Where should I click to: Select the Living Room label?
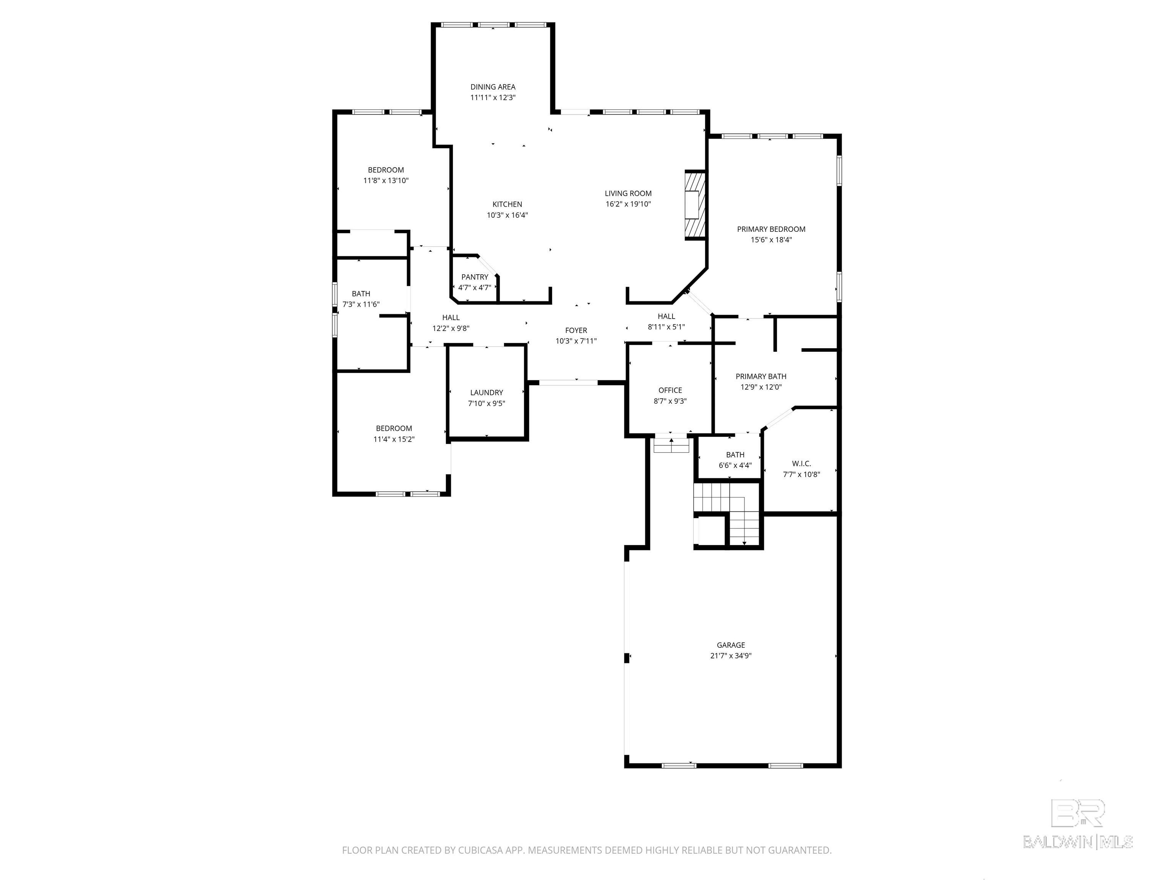[x=628, y=194]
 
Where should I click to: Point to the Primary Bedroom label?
[x=771, y=229]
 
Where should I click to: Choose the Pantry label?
[x=475, y=277]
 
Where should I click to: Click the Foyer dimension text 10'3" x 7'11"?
[x=576, y=341]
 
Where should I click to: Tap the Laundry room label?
[x=486, y=393]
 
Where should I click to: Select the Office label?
[x=670, y=390]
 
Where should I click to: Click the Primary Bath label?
[x=761, y=377]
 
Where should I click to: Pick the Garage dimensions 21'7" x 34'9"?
[x=731, y=656]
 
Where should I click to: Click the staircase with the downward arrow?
[x=743, y=522]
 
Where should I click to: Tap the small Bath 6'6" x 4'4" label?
[x=735, y=455]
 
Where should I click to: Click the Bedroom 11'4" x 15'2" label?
[x=394, y=429]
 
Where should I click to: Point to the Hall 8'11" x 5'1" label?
[x=666, y=316]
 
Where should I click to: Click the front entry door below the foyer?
[x=568, y=382]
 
